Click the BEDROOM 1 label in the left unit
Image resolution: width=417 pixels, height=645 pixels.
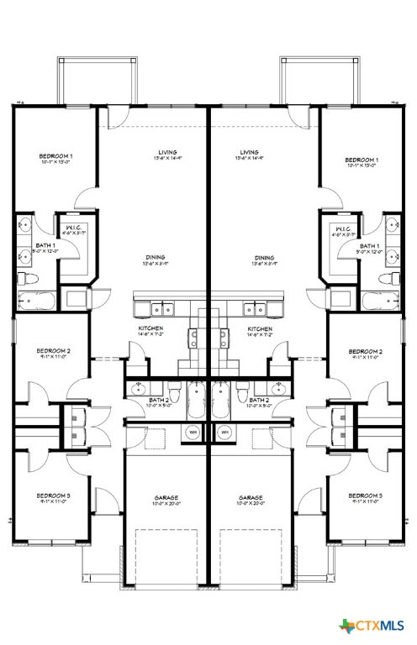pos(57,157)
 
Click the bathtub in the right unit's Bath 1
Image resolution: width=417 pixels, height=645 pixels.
pos(383,300)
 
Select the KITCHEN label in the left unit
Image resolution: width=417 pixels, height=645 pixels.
pos(151,328)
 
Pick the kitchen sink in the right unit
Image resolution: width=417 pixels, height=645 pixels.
pos(252,307)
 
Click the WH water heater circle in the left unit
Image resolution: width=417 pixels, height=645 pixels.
pos(193,433)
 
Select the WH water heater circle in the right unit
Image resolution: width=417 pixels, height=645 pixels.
pos(224,433)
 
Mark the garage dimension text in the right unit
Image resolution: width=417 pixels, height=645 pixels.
pos(251,504)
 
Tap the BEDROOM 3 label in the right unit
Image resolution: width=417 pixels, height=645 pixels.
pos(365,496)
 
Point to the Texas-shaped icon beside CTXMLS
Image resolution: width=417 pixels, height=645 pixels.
pos(346,626)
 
